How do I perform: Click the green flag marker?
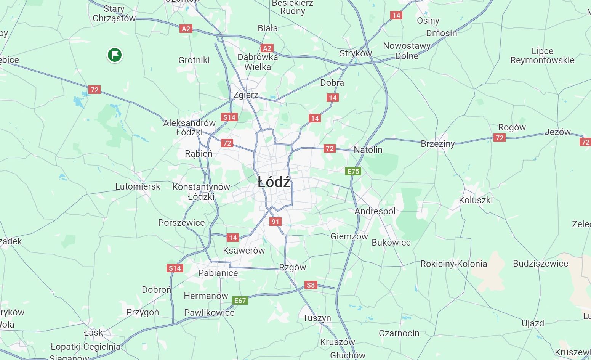[115, 55]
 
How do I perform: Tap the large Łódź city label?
[274, 182]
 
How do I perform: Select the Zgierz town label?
[246, 95]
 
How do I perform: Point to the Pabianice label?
[218, 273]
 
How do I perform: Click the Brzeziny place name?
[438, 144]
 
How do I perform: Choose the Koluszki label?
[476, 200]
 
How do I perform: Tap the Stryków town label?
[356, 53]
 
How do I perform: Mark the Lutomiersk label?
[138, 186]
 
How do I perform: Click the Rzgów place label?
[292, 267]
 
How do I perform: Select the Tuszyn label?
[317, 318]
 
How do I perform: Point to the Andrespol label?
[375, 211]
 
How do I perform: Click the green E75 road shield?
[353, 171]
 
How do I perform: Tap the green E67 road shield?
[240, 301]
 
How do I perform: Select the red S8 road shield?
[311, 285]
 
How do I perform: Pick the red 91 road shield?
[275, 222]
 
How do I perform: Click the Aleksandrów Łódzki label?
[189, 128]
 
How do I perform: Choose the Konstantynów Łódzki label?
[201, 192]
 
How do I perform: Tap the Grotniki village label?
[194, 60]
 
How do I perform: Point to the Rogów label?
[512, 127]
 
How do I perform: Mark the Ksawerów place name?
[244, 251]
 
